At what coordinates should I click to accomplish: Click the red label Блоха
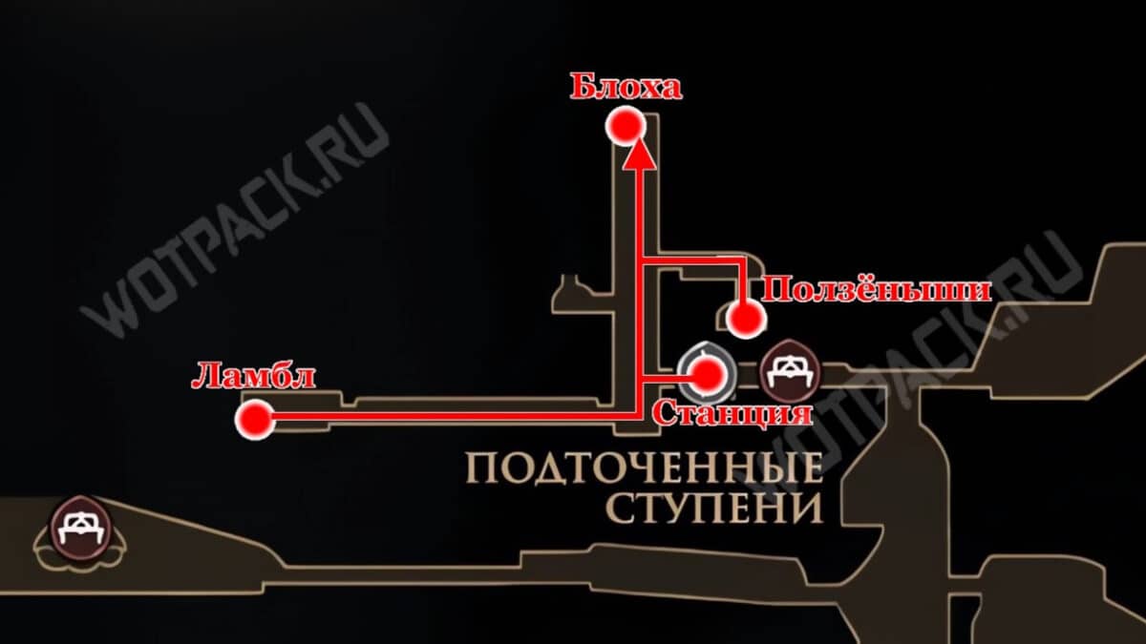[626, 88]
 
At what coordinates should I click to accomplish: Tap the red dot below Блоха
[626, 126]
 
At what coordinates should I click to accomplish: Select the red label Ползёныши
[876, 291]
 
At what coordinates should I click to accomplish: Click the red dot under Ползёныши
[746, 319]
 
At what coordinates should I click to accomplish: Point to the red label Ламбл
[253, 377]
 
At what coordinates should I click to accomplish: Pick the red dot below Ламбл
[255, 420]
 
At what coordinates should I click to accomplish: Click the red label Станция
[732, 413]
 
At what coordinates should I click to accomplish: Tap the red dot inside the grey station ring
[707, 374]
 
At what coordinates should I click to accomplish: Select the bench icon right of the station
[791, 371]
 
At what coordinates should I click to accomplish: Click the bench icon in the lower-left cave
[80, 528]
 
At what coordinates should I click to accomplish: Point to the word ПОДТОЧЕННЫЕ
[645, 469]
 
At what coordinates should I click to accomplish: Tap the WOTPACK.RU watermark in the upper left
[235, 219]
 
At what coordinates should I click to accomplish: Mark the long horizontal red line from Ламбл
[456, 417]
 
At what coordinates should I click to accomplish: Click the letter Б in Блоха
[582, 88]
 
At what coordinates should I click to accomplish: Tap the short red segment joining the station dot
[666, 378]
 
